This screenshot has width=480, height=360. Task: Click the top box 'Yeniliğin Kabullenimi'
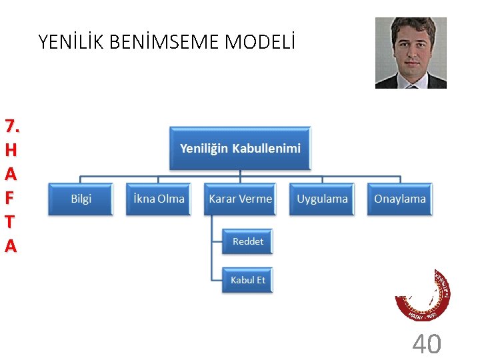240,147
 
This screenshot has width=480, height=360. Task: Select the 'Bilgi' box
81,199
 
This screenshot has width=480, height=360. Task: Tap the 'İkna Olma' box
159,199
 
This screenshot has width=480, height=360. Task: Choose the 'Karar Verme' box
240,199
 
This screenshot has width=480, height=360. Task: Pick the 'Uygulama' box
322,199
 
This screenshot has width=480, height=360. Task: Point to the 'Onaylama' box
399,199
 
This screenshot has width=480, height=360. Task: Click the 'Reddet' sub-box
247,241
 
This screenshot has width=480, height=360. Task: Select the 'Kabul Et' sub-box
247,280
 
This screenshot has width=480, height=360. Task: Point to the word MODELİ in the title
260,43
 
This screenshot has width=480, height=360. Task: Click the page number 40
426,344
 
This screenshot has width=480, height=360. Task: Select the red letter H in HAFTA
10,150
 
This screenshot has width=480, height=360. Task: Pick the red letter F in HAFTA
10,198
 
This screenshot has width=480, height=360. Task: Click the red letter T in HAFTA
10,222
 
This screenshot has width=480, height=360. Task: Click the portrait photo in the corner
411,53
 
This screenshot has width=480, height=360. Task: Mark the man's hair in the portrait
410,27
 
